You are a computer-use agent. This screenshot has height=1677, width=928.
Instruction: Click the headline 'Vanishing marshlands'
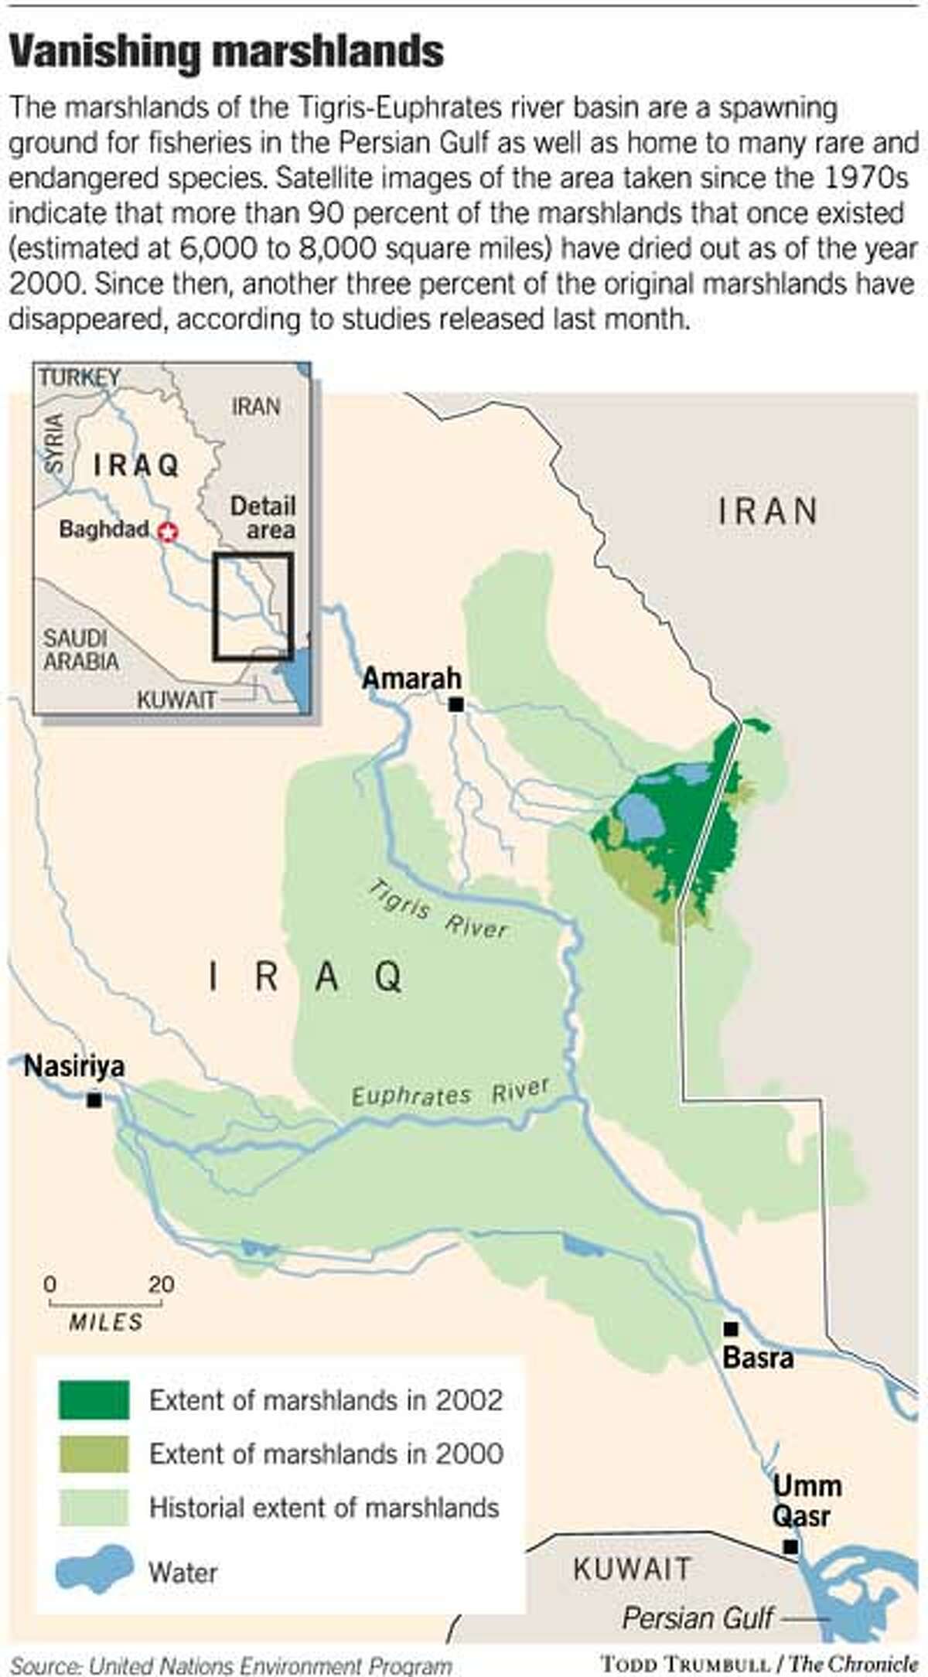click(x=227, y=53)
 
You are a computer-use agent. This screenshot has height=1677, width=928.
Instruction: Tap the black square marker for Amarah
click(x=456, y=704)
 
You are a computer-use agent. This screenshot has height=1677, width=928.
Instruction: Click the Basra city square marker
click(x=730, y=1328)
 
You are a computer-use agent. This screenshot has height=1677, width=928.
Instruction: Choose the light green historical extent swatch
click(x=93, y=1507)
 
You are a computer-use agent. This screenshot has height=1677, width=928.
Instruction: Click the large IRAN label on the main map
click(x=768, y=512)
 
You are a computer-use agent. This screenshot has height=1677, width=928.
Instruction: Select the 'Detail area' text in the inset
click(x=263, y=518)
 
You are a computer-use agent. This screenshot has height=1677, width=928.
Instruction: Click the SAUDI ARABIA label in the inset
click(x=81, y=650)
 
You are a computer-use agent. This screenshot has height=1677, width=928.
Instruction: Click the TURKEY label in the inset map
click(x=80, y=377)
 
